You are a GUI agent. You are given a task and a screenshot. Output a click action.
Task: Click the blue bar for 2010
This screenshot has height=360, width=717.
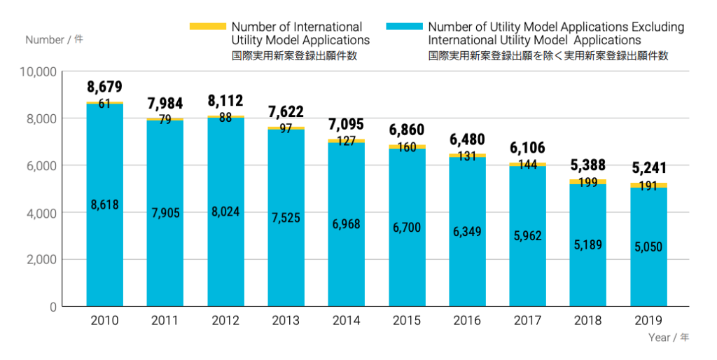pyautogui.click(x=104, y=266)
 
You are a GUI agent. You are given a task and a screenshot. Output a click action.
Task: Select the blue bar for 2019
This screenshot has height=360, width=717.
pyautogui.click(x=648, y=280)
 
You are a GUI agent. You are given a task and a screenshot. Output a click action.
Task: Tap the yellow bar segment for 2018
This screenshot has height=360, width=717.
pyautogui.click(x=587, y=181)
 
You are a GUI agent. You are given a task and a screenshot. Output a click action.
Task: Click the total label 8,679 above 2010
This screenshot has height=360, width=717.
pyautogui.click(x=104, y=88)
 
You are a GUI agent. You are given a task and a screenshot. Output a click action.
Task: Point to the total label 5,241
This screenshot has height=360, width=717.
pyautogui.click(x=648, y=168)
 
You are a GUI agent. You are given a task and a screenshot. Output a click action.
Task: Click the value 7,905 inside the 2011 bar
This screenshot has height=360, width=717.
pyautogui.click(x=165, y=212)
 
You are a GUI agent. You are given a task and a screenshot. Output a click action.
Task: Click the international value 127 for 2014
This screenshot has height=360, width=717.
pyautogui.click(x=346, y=140)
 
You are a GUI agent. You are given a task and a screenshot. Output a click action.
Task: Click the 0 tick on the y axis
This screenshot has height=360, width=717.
pyautogui.click(x=53, y=307)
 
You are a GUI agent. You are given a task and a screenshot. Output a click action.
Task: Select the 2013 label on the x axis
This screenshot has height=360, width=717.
pyautogui.click(x=286, y=321)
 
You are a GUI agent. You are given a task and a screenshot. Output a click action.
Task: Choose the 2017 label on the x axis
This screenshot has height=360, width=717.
pyautogui.click(x=527, y=321)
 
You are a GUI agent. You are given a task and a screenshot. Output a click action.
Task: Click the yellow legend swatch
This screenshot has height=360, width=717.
pyautogui.click(x=208, y=27)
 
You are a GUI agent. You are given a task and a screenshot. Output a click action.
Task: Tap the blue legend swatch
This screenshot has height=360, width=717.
pyautogui.click(x=404, y=27)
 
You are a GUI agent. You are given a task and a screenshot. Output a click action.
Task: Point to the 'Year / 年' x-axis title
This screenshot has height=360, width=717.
pyautogui.click(x=668, y=338)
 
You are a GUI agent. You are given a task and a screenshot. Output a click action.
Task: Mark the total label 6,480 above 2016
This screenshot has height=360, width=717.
pyautogui.click(x=467, y=139)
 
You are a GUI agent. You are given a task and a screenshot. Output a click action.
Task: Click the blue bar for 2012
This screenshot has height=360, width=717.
pyautogui.click(x=225, y=266)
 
